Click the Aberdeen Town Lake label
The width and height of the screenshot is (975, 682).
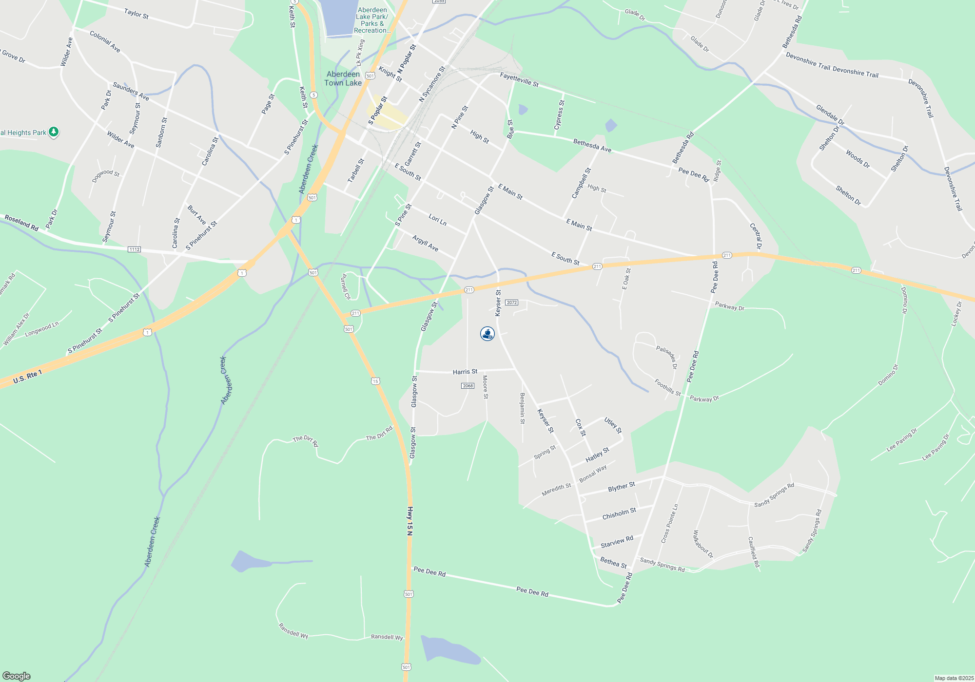pyautogui.click(x=343, y=78)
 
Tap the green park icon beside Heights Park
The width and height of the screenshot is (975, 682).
pyautogui.click(x=54, y=132)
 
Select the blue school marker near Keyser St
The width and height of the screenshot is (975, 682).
pyautogui.click(x=487, y=334)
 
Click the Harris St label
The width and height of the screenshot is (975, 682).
pyautogui.click(x=465, y=372)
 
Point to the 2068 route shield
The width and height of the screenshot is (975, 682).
pyautogui.click(x=468, y=386)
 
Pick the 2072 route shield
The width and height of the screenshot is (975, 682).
pyautogui.click(x=511, y=303)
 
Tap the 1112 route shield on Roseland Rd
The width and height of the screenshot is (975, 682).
pyautogui.click(x=134, y=249)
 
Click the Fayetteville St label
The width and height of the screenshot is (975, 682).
pyautogui.click(x=519, y=80)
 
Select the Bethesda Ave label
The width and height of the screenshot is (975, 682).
pyautogui.click(x=592, y=146)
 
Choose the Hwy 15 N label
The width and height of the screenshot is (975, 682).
pyautogui.click(x=410, y=521)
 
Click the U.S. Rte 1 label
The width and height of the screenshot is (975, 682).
pyautogui.click(x=28, y=377)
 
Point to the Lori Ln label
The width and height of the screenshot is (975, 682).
pyautogui.click(x=437, y=220)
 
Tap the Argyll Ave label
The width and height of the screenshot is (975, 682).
pyautogui.click(x=425, y=243)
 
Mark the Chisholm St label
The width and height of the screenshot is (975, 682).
pyautogui.click(x=619, y=513)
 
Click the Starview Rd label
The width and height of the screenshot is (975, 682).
pyautogui.click(x=617, y=541)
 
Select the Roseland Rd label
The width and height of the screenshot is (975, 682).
pyautogui.click(x=21, y=223)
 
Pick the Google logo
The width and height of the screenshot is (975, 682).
pyautogui.click(x=17, y=676)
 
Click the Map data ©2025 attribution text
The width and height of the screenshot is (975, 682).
pyautogui.click(x=954, y=678)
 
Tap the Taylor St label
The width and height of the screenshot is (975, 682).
pyautogui.click(x=136, y=14)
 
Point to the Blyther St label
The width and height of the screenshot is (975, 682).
pyautogui.click(x=621, y=487)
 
